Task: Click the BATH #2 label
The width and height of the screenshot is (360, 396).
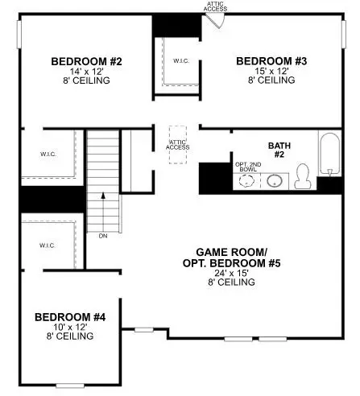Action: [x=279, y=151]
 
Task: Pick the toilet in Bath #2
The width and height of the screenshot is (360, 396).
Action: [x=303, y=175]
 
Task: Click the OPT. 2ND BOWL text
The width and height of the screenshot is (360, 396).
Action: [x=246, y=168]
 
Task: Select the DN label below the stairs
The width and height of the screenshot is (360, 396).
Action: [x=102, y=236]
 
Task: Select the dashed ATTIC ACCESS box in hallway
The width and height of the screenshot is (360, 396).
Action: [x=178, y=145]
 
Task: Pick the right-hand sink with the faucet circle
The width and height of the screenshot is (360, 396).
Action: [x=275, y=180]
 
